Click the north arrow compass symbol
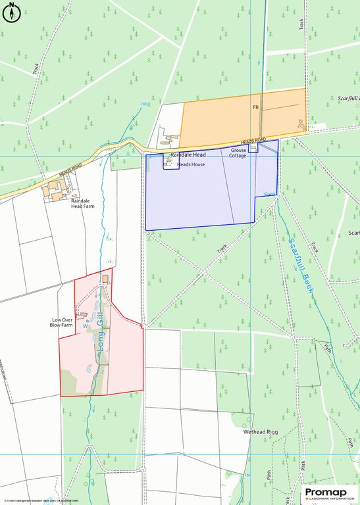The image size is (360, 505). click(12, 13)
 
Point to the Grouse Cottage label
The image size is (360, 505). click(238, 153)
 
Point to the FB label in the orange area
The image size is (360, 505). click(256, 107)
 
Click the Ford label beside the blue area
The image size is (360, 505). click(269, 195)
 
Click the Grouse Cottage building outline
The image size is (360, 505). click(253, 148)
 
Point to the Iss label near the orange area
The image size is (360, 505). click(145, 104)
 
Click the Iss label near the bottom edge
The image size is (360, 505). click(247, 475)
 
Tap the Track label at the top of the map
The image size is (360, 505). click(301, 24)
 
